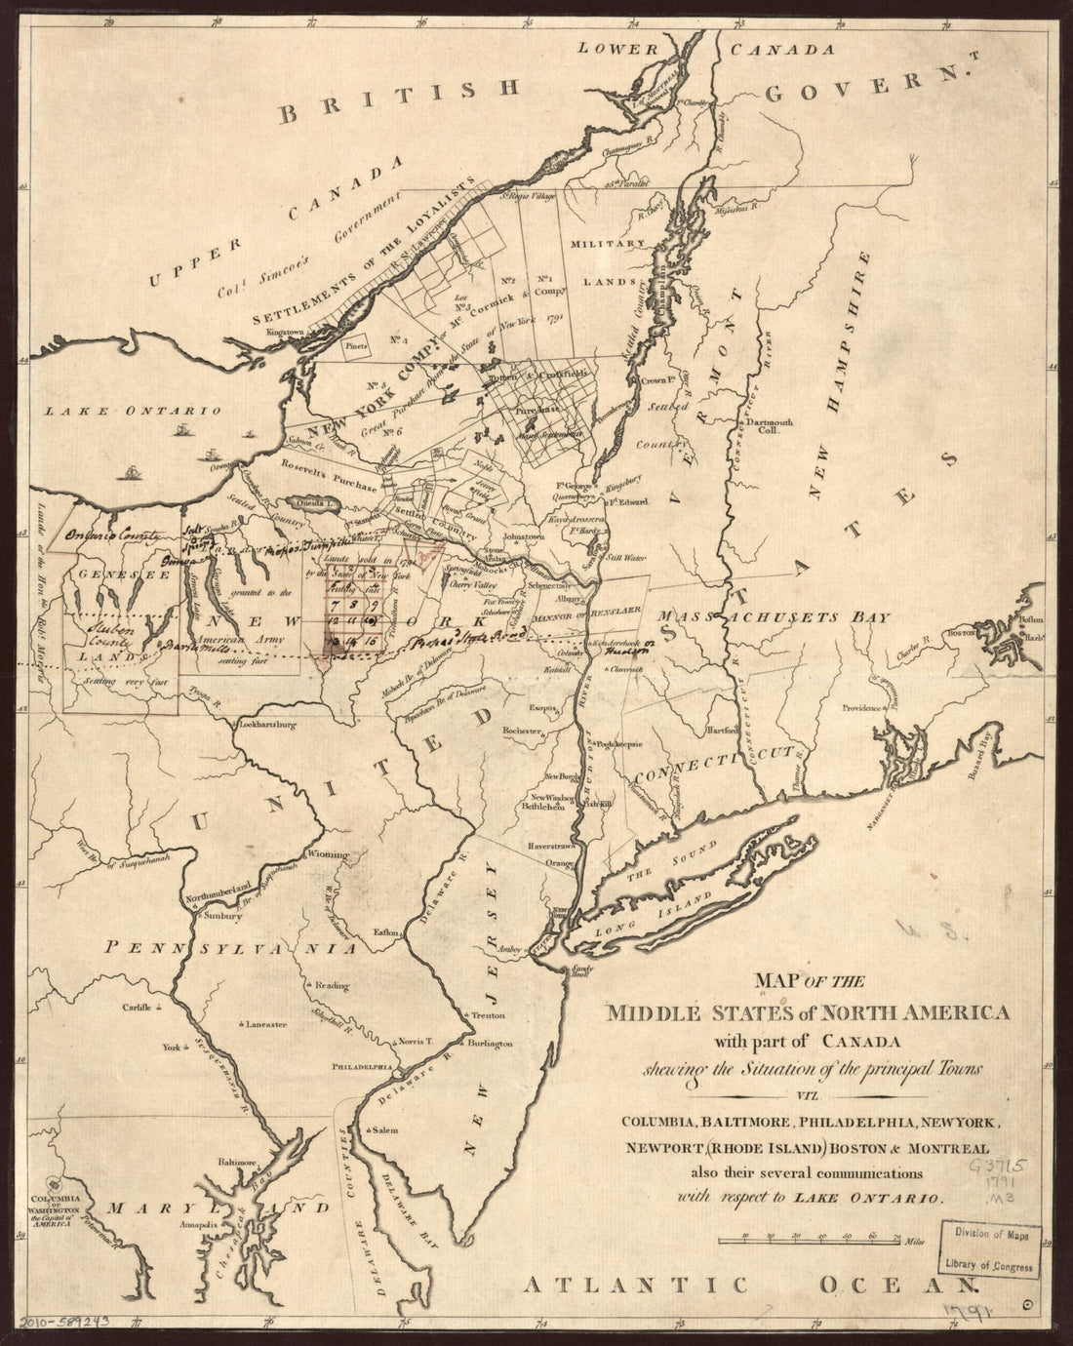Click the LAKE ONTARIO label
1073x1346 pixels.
[134, 412]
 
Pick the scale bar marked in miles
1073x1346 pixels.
[810, 1242]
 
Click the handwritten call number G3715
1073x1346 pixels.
[994, 1165]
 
